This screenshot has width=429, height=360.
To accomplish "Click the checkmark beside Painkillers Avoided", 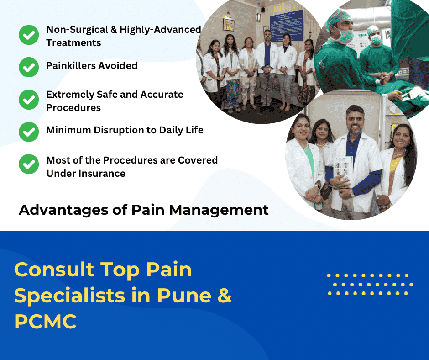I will (x=29, y=67).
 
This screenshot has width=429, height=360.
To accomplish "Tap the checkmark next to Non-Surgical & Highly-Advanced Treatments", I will (x=29, y=35).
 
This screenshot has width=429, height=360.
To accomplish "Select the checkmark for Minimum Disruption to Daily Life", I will (x=29, y=132).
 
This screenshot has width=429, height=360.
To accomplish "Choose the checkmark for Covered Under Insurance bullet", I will (x=29, y=164).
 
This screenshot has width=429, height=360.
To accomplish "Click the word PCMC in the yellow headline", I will (x=45, y=322).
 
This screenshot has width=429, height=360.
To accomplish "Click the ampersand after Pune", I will (x=224, y=296).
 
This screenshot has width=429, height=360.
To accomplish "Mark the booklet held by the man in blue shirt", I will (x=343, y=171).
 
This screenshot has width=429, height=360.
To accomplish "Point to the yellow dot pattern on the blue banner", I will (x=370, y=284).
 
